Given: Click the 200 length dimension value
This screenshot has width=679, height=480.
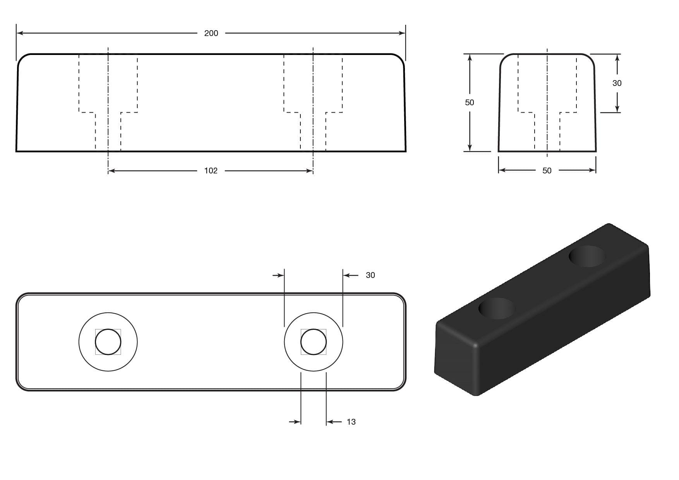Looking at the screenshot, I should pos(211,33).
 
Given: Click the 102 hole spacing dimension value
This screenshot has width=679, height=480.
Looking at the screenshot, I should pos(211,171).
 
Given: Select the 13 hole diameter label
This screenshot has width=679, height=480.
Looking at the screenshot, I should pos(351,422).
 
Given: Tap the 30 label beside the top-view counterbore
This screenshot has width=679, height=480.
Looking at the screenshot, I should pos(370,275).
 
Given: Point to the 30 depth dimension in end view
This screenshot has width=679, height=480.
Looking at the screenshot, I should pos(617,83).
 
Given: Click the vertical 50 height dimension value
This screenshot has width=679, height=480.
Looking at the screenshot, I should pos(469,103).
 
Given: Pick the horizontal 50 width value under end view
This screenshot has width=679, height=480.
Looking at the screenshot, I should pos(547,171).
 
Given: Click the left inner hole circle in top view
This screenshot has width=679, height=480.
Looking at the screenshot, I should pos(108,342).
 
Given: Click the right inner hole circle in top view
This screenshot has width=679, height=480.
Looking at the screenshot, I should pos(313,342).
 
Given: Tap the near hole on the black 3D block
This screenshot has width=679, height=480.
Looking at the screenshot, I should pos(497,309).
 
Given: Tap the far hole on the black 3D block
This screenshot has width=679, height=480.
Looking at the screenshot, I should pos(587,256).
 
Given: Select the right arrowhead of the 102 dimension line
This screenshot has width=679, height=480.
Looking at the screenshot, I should pos(310,171).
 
